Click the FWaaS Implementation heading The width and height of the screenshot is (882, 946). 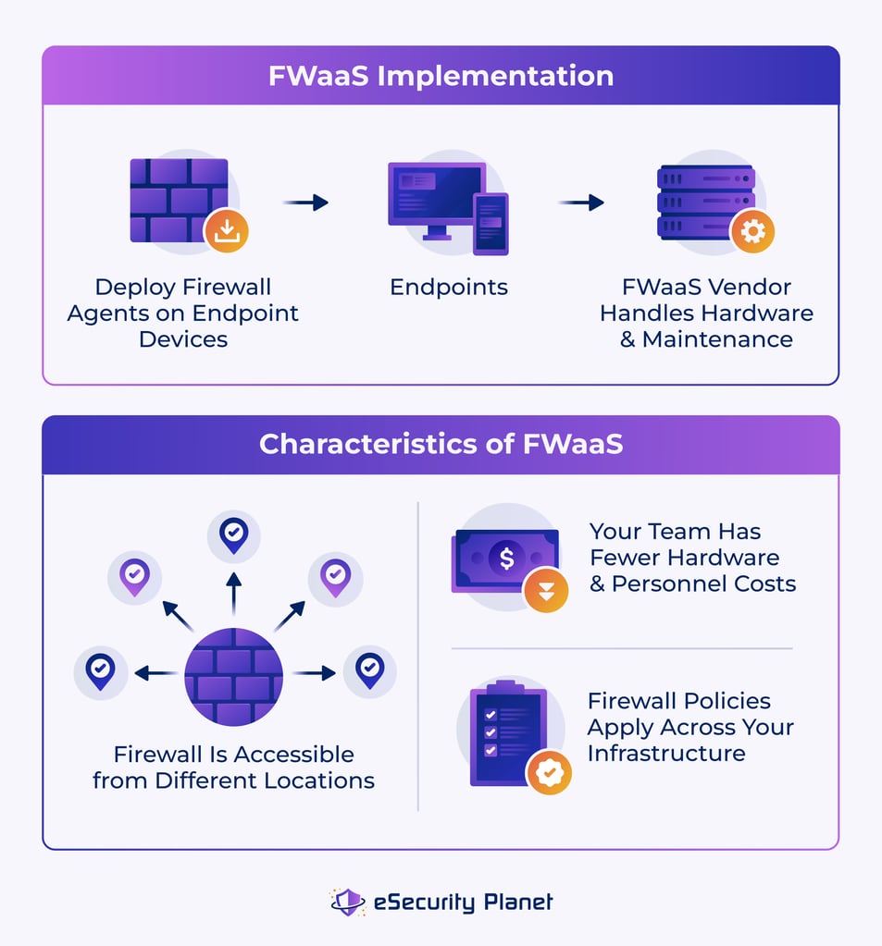click(441, 76)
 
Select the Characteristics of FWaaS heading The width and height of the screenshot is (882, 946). click(441, 444)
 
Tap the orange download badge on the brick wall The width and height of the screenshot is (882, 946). click(226, 231)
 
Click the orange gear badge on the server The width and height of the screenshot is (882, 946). click(752, 231)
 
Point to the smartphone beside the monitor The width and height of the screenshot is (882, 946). click(491, 223)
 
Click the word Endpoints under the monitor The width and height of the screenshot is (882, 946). click(449, 288)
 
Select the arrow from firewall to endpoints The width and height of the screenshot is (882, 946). click(305, 203)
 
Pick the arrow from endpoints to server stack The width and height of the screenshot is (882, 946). click(581, 203)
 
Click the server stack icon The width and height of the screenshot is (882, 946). click(705, 202)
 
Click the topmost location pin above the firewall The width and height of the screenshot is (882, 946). click(233, 534)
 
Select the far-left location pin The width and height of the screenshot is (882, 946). click(100, 670)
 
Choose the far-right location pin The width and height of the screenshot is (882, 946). click(369, 670)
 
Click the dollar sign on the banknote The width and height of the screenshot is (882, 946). click(506, 559)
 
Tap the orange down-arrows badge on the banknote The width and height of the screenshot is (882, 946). click(546, 589)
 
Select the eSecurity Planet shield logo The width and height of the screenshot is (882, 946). click(348, 902)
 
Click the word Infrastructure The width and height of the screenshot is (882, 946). click(666, 754)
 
